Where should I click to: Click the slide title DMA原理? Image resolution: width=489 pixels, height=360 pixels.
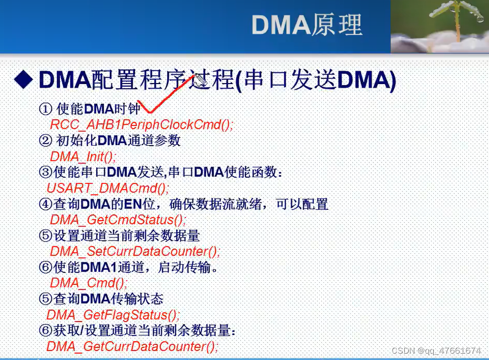307,24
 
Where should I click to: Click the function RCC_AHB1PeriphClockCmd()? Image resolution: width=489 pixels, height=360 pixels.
141,125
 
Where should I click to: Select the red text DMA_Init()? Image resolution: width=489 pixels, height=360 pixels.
83,156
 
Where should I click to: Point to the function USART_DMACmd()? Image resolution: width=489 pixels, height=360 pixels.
108,188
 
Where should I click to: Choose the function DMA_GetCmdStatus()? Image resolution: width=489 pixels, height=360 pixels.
118,220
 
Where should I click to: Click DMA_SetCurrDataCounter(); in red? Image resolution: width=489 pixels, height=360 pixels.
135,251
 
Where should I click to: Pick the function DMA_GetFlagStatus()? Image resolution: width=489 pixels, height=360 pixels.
113,315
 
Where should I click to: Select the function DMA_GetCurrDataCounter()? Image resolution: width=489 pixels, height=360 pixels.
132,346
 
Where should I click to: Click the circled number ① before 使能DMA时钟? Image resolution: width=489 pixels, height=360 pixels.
46,109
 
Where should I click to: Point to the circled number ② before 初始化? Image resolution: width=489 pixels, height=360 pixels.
46,140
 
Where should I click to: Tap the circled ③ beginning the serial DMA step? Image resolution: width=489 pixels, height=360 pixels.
46,172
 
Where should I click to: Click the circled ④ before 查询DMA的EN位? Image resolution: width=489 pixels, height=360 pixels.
46,204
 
